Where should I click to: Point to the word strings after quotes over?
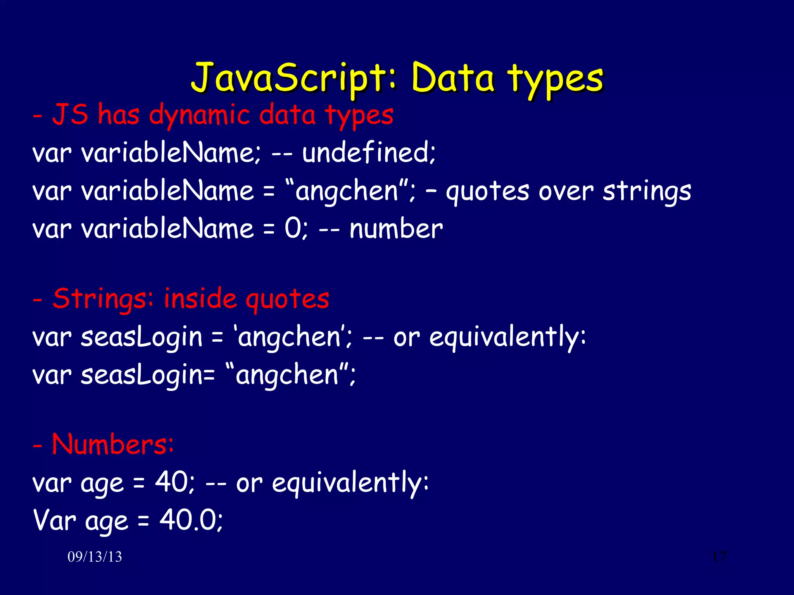coord(647,191)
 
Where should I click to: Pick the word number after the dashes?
coord(396,229)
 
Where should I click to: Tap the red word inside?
coord(200,299)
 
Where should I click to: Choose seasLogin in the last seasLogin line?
coord(142,375)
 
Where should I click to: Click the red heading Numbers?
coord(112,444)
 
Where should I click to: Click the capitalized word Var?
coord(54,520)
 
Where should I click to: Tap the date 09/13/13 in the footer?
coord(95,557)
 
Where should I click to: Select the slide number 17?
coord(719,557)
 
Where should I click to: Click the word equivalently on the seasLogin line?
coord(507,337)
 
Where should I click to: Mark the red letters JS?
coord(70,115)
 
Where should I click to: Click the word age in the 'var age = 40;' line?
coord(102,483)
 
